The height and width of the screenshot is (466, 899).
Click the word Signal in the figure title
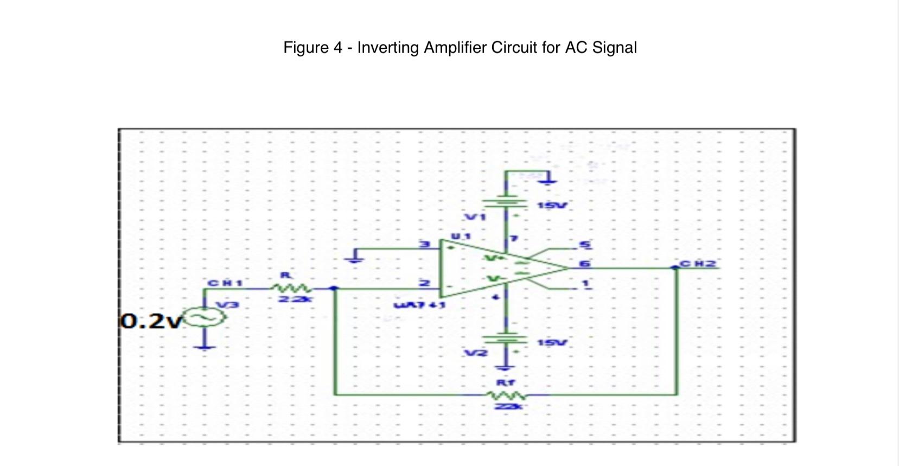(614, 48)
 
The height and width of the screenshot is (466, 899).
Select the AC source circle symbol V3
(205, 317)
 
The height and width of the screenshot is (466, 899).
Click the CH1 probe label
(225, 283)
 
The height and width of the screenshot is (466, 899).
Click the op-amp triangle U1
(488, 268)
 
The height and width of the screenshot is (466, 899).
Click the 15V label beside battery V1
(552, 206)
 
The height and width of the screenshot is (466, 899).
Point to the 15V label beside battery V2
(552, 343)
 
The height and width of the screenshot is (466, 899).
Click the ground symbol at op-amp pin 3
(356, 256)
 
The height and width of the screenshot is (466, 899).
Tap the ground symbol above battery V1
(548, 178)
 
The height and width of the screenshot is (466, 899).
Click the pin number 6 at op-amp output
(585, 263)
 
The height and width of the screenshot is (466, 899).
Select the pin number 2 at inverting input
(425, 283)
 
